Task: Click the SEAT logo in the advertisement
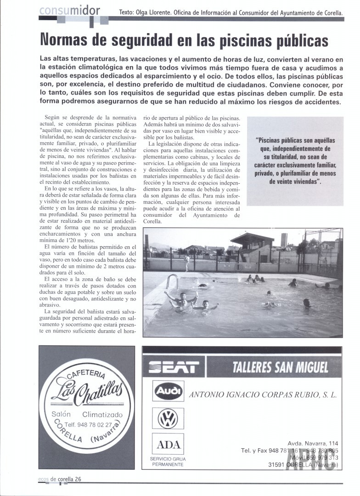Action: pos(174,367)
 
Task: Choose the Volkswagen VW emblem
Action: pos(168,419)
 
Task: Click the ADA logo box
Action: pos(168,445)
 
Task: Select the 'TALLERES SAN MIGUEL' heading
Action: pos(280,367)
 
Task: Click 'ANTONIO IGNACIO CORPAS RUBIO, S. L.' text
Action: pos(263,394)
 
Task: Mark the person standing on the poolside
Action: pos(187,262)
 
